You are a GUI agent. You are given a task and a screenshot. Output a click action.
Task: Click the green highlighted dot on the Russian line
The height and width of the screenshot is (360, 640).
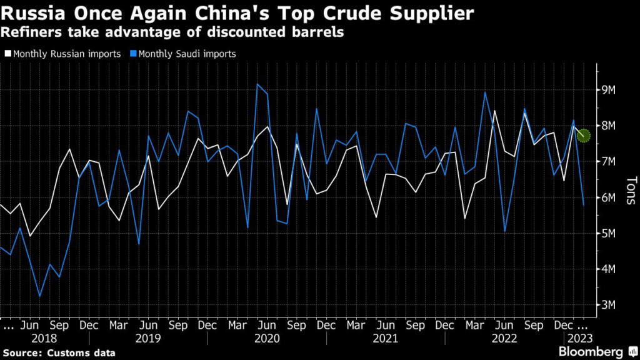click(584, 134)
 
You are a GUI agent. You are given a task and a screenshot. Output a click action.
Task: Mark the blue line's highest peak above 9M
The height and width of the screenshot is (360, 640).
click(257, 84)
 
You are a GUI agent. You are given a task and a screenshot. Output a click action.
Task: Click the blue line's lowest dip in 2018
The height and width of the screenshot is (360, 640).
click(39, 296)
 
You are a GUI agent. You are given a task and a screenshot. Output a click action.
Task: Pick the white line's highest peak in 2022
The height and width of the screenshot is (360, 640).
click(494, 111)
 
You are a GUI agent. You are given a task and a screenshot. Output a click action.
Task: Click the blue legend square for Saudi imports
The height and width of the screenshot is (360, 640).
click(133, 54)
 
